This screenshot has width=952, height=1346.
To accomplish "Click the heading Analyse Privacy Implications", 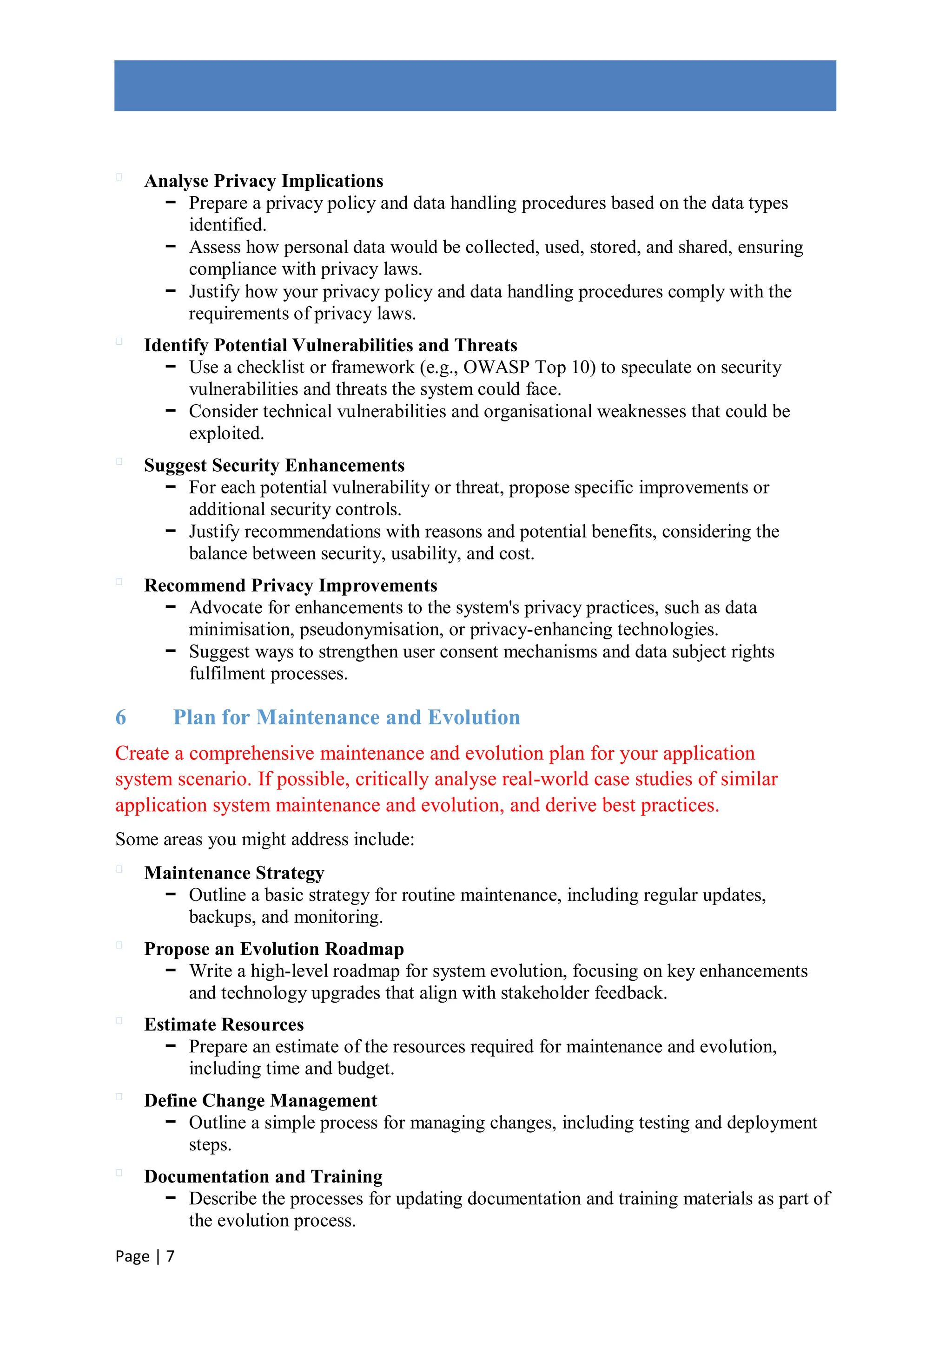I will pyautogui.click(x=264, y=181).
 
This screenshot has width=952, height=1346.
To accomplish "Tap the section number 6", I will pyautogui.click(x=121, y=717).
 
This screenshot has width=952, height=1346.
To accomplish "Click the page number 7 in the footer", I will pyautogui.click(x=170, y=1256).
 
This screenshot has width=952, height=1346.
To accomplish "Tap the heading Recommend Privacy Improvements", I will pyautogui.click(x=291, y=585).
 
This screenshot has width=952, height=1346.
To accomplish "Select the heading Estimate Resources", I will pyautogui.click(x=224, y=1025).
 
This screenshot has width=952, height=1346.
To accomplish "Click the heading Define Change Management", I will pyautogui.click(x=260, y=1101).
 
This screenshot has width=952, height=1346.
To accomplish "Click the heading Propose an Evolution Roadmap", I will pyautogui.click(x=274, y=949).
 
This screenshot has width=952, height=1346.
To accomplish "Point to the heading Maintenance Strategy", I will pyautogui.click(x=234, y=873).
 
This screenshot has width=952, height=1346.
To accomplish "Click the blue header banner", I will pyautogui.click(x=475, y=85).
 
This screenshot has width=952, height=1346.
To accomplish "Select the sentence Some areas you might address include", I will pyautogui.click(x=264, y=840).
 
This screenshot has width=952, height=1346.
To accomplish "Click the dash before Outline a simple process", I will pyautogui.click(x=171, y=1122).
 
